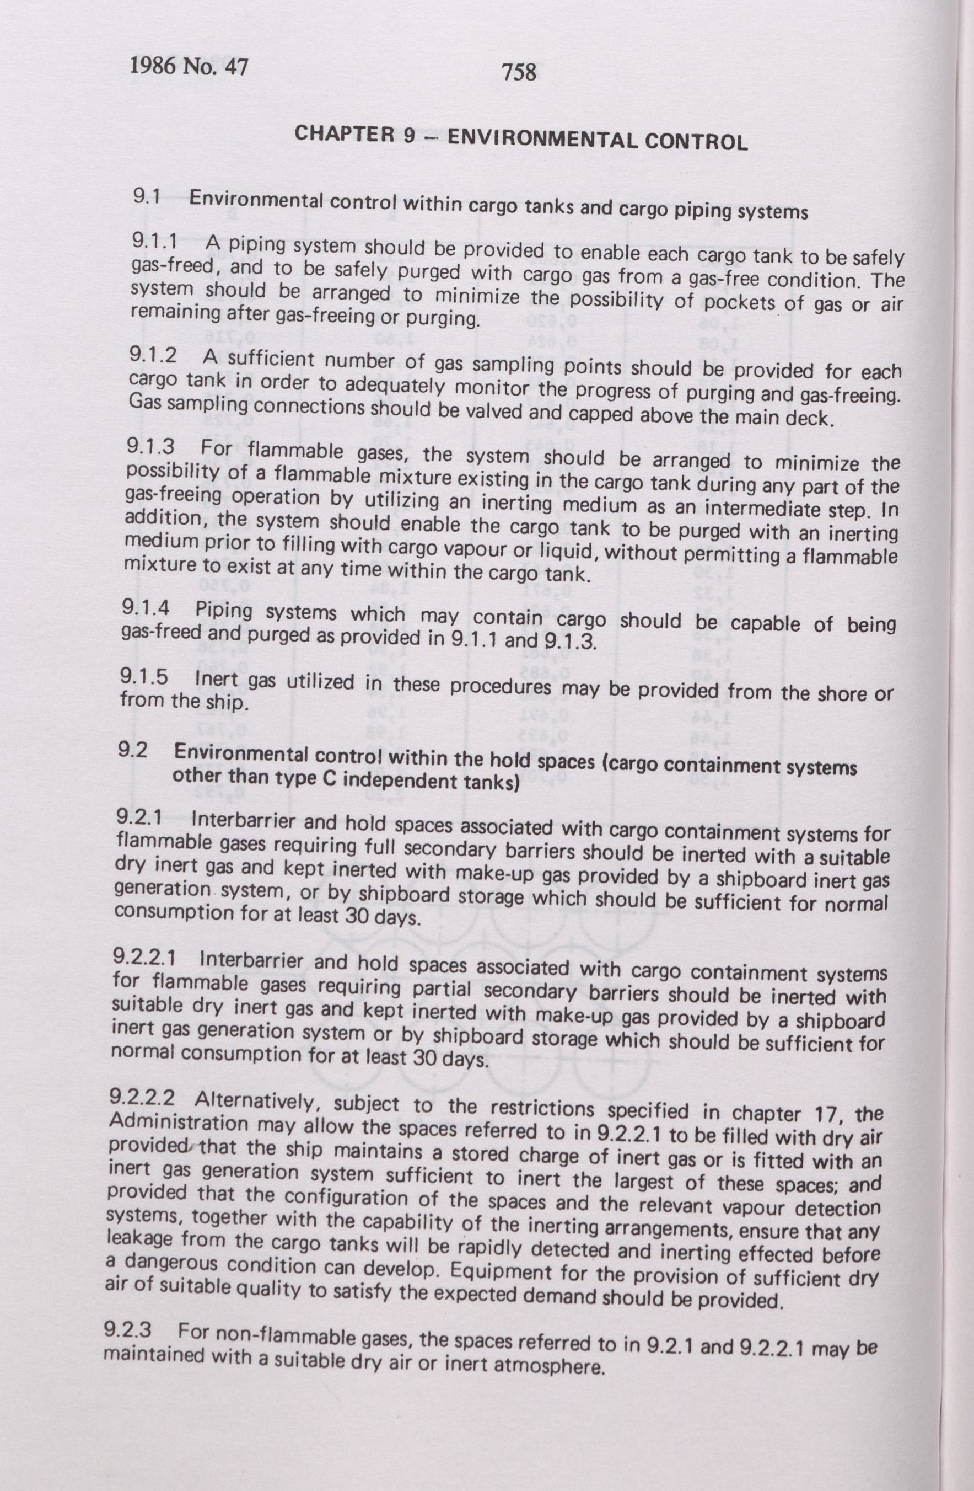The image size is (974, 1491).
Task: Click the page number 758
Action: [519, 73]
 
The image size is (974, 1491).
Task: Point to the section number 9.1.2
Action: [153, 355]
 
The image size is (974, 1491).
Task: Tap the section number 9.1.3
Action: [150, 447]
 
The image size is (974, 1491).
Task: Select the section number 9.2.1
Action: [142, 817]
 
